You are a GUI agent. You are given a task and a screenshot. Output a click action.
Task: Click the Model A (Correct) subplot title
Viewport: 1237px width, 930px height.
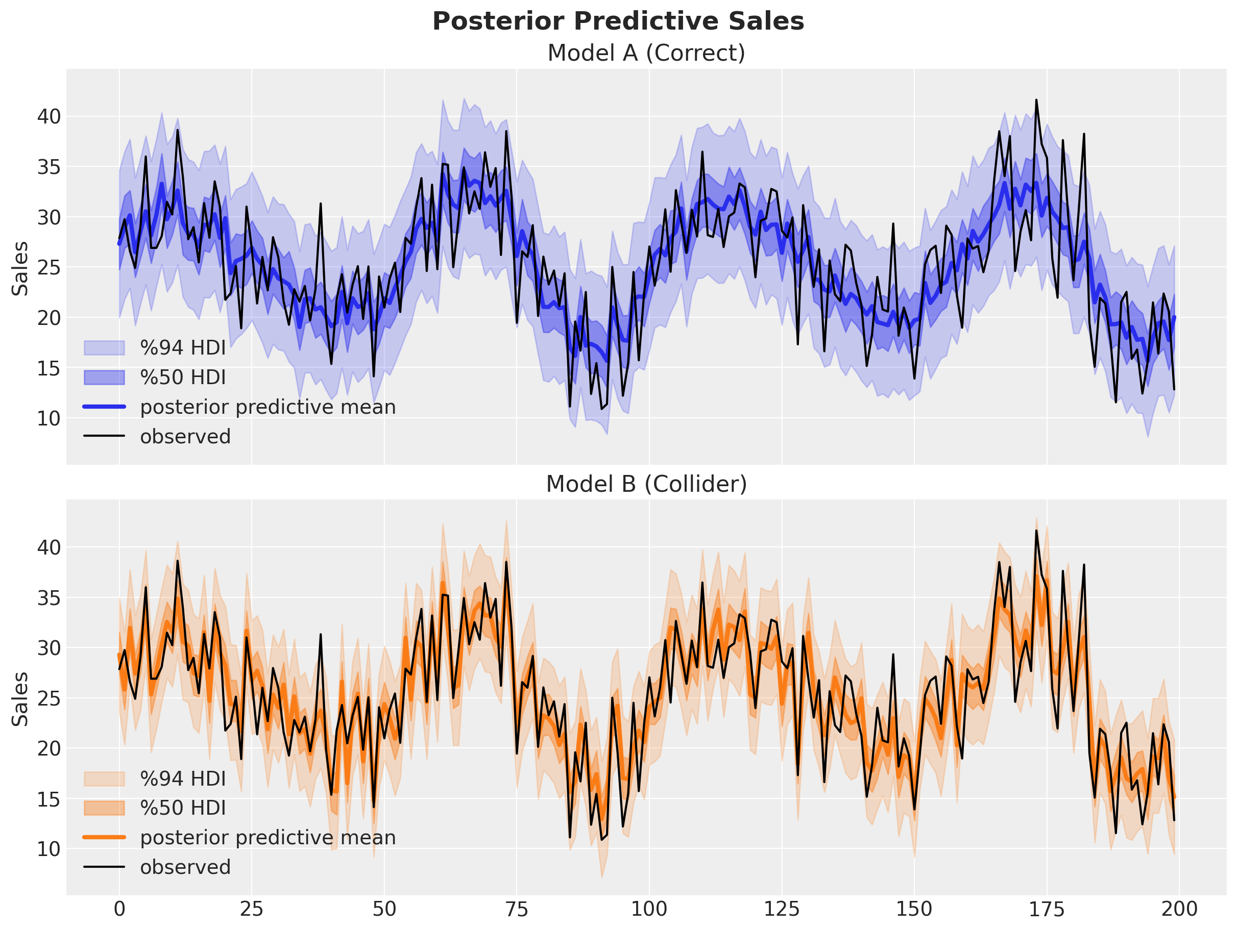click(x=646, y=53)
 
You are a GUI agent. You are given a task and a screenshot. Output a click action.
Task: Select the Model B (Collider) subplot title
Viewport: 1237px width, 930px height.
click(x=646, y=484)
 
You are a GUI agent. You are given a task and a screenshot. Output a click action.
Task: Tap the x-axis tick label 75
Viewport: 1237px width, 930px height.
click(x=516, y=909)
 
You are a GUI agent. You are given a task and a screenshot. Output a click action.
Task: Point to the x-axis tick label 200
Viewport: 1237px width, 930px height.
click(x=1179, y=909)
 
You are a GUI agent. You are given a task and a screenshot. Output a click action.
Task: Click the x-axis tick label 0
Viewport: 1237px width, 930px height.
click(x=119, y=909)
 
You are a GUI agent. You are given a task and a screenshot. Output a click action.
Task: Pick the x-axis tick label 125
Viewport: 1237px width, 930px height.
click(x=781, y=909)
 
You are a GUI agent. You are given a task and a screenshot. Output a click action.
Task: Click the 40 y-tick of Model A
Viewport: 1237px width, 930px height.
click(x=48, y=117)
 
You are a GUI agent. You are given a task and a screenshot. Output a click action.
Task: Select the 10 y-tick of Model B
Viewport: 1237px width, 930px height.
click(x=48, y=848)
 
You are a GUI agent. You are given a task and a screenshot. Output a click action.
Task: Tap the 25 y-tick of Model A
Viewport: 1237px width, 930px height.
click(x=48, y=268)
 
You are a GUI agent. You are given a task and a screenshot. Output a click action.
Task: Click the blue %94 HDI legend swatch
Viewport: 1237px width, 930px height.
click(x=104, y=347)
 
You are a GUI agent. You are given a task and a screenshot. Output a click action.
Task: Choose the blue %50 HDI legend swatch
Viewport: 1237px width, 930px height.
click(x=104, y=377)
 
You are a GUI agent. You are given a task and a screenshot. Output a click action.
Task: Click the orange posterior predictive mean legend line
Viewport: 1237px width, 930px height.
click(x=104, y=837)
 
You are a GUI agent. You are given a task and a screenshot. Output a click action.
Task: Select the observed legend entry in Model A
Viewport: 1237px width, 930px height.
click(x=184, y=437)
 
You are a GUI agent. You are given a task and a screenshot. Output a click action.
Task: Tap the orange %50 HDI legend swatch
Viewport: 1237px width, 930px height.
click(x=104, y=808)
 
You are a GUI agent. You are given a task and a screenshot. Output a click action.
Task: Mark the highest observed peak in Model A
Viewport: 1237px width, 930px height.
click(x=1036, y=100)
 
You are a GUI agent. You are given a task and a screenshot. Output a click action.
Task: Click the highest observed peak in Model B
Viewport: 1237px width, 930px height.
click(x=1036, y=531)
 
